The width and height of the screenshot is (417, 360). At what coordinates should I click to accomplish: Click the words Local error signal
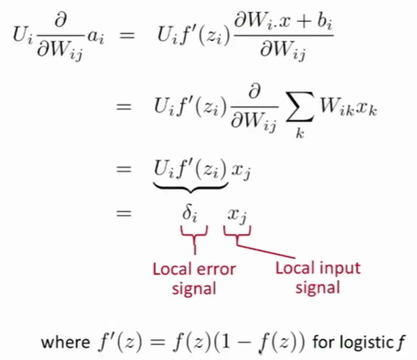point(194,278)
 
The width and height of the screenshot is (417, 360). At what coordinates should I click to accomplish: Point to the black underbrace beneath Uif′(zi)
point(190,185)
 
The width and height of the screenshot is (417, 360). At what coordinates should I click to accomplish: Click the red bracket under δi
point(194,233)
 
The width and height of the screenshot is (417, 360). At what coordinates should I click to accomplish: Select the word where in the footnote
point(65,342)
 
